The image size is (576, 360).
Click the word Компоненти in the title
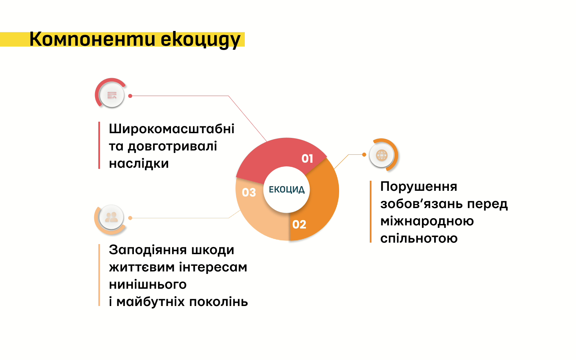pos(92,39)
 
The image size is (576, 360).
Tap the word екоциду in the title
pos(201,40)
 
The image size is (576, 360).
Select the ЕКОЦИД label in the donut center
pos(287,190)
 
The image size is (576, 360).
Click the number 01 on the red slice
pos(307,159)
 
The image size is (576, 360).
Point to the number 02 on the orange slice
pos(299,225)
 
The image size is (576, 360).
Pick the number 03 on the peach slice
pos(249,192)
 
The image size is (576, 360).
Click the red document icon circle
pos(112,95)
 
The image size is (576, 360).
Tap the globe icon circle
pos(382,155)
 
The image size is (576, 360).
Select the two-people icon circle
pos(111,217)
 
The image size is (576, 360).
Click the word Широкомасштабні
pos(171,129)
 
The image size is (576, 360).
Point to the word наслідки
pos(139,163)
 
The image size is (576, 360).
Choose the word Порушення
pos(419,186)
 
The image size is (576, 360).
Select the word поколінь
pos(219,302)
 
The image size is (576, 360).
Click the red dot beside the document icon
pos(130,96)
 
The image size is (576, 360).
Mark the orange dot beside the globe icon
pos(364,154)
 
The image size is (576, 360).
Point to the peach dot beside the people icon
pos(130,218)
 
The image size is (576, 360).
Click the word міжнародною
pos(427,221)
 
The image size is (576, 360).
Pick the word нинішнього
pos(148,284)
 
